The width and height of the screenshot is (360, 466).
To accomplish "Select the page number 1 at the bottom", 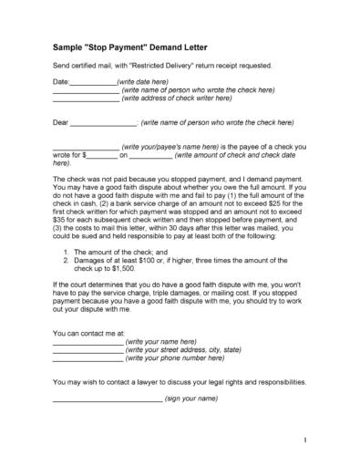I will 306,440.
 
